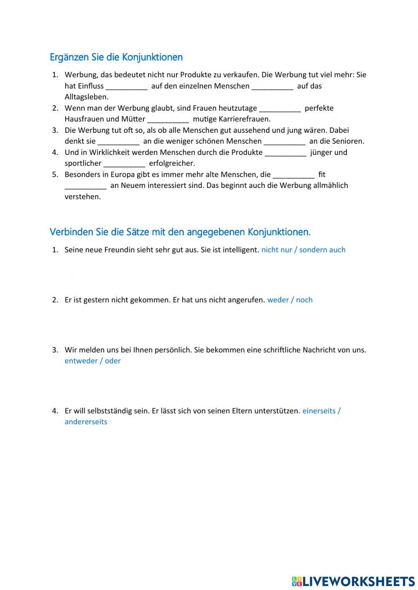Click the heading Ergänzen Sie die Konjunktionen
(x=116, y=57)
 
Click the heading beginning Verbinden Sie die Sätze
(x=180, y=232)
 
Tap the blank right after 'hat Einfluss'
(x=127, y=86)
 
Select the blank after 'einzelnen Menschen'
(x=273, y=86)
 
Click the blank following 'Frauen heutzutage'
(x=280, y=109)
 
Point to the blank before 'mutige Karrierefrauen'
(x=168, y=119)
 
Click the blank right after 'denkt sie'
(x=119, y=142)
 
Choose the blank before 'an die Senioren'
(x=285, y=142)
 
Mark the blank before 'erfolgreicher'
(x=125, y=164)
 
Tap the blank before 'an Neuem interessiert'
(x=86, y=186)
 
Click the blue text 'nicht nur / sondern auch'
(x=303, y=250)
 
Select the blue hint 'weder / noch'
(x=290, y=300)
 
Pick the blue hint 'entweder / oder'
(x=92, y=361)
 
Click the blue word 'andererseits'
(x=86, y=422)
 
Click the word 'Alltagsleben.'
(x=87, y=97)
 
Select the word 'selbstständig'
(x=110, y=411)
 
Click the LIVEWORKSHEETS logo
(x=353, y=581)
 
